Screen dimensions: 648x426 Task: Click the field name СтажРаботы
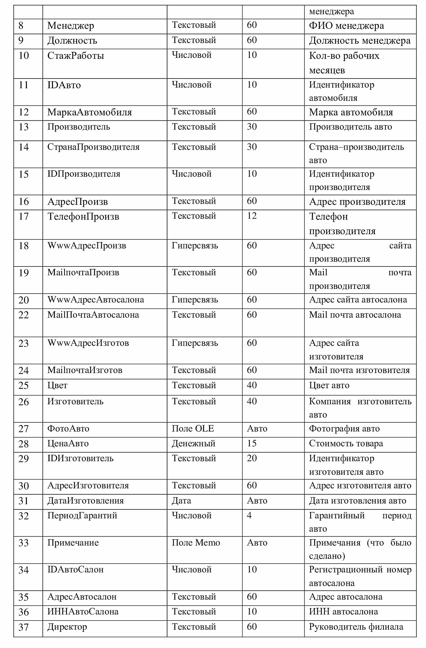point(76,56)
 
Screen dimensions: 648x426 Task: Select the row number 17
point(24,217)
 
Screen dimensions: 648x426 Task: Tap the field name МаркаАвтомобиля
point(90,112)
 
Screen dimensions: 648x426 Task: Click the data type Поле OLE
point(193,429)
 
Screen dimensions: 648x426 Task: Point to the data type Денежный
point(193,444)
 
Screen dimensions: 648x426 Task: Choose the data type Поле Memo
point(196,543)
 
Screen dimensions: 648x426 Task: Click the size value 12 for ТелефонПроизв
point(252,216)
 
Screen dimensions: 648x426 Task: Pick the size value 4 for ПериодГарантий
point(249,515)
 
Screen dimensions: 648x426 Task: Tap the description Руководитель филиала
point(356,627)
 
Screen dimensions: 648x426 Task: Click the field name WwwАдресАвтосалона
point(96,300)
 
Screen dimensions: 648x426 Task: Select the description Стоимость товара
point(346,444)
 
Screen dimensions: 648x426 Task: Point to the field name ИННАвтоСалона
point(83,612)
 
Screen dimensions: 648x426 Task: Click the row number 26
point(24,402)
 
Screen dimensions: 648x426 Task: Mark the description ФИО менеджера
point(347,26)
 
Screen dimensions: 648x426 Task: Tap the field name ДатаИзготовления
point(86,501)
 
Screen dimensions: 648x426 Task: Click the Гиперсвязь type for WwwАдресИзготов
point(195,343)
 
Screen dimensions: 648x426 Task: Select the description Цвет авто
point(329,386)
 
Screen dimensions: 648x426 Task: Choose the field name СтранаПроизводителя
point(94,147)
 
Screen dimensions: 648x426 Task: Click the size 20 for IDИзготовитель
point(252,458)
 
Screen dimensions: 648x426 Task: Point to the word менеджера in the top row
point(332,12)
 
